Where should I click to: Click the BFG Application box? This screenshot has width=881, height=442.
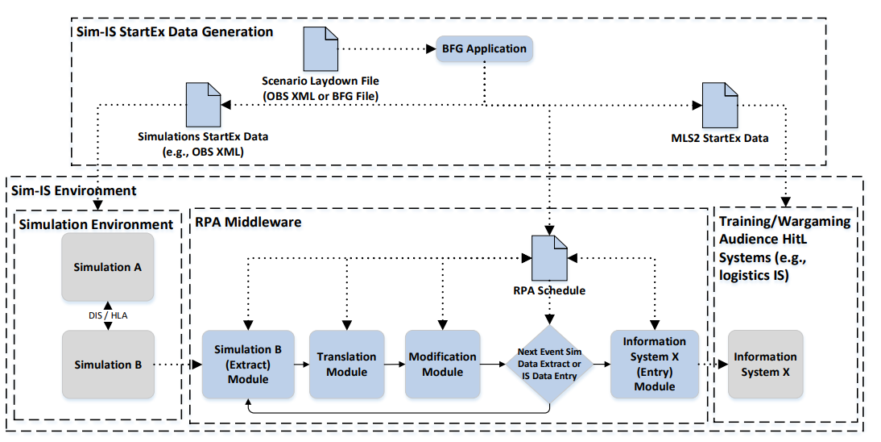pos(484,49)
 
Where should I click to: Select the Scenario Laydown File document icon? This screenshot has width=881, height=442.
pos(321,48)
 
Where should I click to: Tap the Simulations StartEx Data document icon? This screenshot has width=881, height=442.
pos(204,105)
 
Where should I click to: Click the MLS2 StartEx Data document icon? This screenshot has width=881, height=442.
pos(720,106)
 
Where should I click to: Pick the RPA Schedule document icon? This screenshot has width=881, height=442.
pos(549,258)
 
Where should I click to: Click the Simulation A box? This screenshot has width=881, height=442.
pos(108,267)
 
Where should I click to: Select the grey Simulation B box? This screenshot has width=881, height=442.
pos(108,365)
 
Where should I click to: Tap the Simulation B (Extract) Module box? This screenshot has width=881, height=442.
pos(248,365)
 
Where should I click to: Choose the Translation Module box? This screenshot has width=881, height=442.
pos(346,365)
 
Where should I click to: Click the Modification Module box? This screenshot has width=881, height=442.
pos(443,365)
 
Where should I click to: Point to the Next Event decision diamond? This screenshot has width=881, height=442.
pos(549,365)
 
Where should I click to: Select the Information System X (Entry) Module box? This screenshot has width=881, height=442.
pos(655,365)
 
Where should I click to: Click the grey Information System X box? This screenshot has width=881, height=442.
pos(765,365)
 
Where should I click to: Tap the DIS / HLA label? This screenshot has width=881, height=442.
pos(108,315)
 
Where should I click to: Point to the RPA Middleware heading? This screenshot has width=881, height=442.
pos(248,222)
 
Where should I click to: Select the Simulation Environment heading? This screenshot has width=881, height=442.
pos(96,225)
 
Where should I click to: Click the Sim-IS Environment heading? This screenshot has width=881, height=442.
pos(73,190)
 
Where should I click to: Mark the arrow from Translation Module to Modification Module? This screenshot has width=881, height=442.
pos(395,365)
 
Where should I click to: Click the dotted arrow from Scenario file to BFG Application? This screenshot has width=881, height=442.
pos(387,49)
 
